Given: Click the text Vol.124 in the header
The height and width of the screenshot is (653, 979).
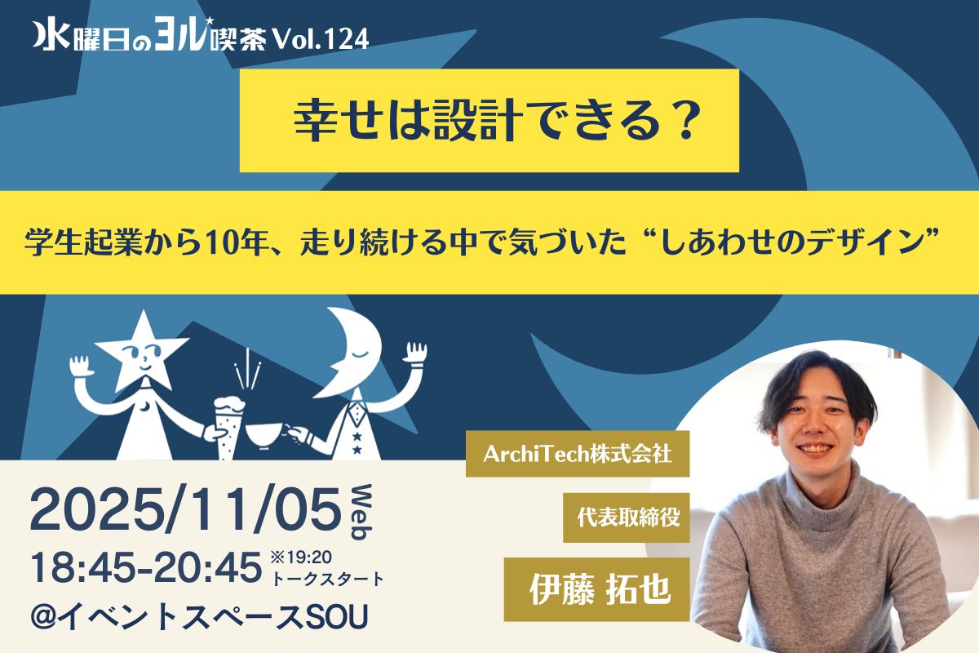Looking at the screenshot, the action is [321, 39].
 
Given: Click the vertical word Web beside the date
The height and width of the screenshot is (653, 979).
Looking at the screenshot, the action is [361, 512].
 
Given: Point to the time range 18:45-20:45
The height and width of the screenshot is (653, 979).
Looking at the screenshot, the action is [146, 568].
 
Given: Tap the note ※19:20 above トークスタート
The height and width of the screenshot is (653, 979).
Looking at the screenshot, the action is [302, 557].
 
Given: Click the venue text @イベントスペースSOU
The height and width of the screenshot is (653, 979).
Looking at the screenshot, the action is [199, 617].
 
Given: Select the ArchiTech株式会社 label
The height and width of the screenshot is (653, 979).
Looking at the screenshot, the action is [578, 454].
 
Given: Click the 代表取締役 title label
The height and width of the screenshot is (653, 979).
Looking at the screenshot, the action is [627, 518].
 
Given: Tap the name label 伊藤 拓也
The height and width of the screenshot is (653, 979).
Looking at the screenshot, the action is [597, 589].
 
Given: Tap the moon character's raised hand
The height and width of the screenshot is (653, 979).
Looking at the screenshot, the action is [416, 353].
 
